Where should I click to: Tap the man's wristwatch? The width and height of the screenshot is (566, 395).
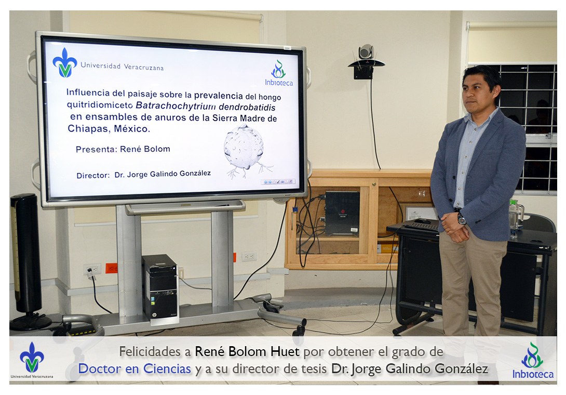click(x=461, y=219)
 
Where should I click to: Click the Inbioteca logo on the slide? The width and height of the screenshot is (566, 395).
click(x=279, y=73)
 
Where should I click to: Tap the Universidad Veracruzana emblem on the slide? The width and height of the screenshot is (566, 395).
click(x=65, y=62)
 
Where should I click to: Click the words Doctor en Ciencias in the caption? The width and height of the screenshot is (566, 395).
click(x=134, y=369)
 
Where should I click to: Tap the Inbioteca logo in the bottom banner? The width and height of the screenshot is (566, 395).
click(x=533, y=360)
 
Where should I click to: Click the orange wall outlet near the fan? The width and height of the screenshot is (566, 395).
click(x=112, y=268)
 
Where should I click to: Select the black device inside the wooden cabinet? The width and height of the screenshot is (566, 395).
click(x=342, y=214)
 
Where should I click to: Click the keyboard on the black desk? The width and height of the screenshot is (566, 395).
click(x=422, y=226)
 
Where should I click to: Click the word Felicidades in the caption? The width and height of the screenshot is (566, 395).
click(x=155, y=352)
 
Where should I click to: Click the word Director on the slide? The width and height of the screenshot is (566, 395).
click(x=93, y=176)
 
